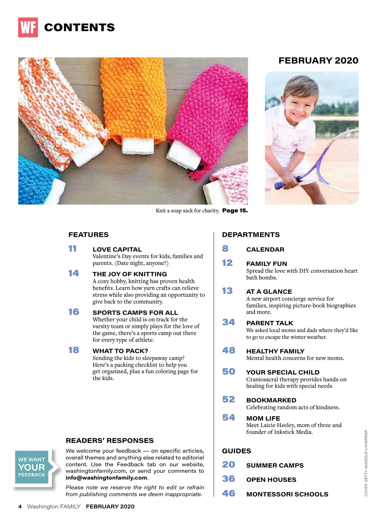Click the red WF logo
pyautogui.click(x=28, y=28)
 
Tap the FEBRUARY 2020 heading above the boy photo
pyautogui.click(x=318, y=61)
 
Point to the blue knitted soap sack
pyautogui.click(x=34, y=182)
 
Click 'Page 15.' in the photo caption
pyautogui.click(x=235, y=211)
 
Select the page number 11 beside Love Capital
pyautogui.click(x=73, y=249)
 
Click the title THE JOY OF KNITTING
pyautogui.click(x=130, y=274)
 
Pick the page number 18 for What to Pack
pyautogui.click(x=74, y=350)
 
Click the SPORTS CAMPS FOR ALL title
pyautogui.click(x=135, y=313)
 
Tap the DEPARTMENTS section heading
pyautogui.click(x=251, y=235)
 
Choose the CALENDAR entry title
pyautogui.click(x=265, y=250)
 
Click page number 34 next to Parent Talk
pyautogui.click(x=229, y=322)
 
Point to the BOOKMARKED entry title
pyautogui.click(x=271, y=400)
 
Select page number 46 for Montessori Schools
pyautogui.click(x=229, y=493)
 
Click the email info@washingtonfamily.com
pyautogui.click(x=106, y=478)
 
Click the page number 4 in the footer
pyautogui.click(x=20, y=507)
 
